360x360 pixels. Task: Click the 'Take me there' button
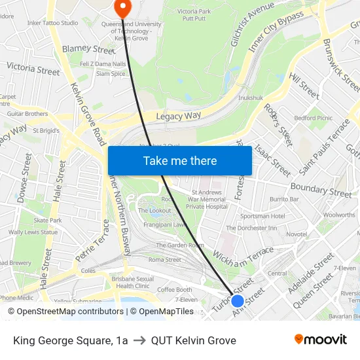coord(180,160)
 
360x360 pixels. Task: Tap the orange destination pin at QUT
coord(122,7)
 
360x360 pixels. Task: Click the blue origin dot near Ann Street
coord(238,301)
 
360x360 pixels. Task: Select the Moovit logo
coord(320,339)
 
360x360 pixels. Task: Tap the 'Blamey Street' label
coord(88,49)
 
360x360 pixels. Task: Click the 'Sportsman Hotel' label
coord(262,216)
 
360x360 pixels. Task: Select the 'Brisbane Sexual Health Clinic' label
coord(133,282)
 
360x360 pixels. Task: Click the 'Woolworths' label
coord(339,215)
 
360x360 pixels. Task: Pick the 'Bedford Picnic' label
coord(314,118)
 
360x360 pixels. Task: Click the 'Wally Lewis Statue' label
coord(33,232)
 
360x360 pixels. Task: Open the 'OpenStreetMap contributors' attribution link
coord(70,312)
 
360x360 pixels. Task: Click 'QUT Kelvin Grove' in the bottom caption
coord(193,340)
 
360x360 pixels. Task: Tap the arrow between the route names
coord(139,340)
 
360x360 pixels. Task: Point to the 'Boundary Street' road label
coord(321,190)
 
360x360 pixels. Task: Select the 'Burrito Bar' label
coord(284,199)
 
